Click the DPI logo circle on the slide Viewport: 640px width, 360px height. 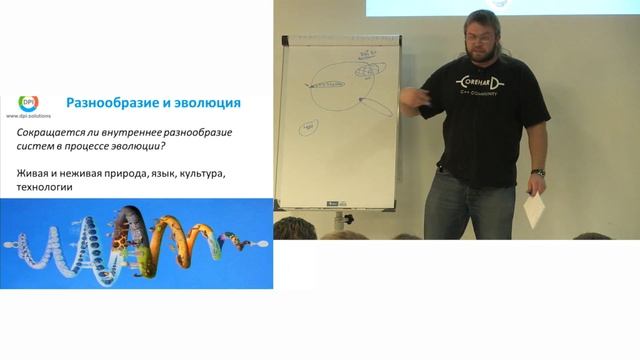(28, 103)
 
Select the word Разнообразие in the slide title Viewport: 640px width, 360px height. (111, 103)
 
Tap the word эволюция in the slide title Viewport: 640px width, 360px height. (204, 103)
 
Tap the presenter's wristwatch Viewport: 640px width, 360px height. (538, 173)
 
